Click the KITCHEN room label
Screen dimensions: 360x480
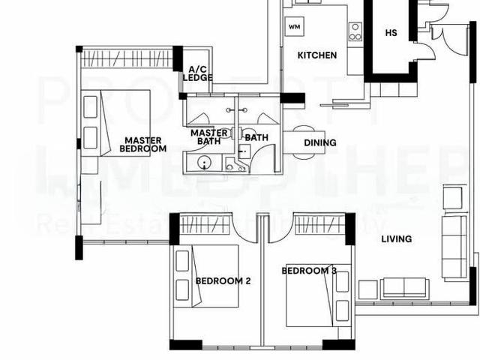(317, 55)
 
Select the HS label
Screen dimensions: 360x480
(391, 33)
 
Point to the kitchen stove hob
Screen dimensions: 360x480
(355, 31)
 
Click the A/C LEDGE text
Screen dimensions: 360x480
(197, 73)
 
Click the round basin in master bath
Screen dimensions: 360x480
(204, 163)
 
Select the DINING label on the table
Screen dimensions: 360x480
(319, 143)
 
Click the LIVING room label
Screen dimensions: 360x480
(396, 239)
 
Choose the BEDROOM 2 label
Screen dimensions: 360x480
(223, 281)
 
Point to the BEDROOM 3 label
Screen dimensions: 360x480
(308, 271)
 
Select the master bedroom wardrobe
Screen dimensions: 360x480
(127, 57)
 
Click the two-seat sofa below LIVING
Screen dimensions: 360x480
(404, 287)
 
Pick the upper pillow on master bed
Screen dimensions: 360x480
(91, 107)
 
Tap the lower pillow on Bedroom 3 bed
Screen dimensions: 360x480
(343, 310)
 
